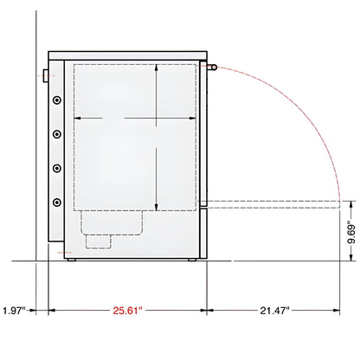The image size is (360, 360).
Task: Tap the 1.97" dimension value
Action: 14,309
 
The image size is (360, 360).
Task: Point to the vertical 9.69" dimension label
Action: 348,232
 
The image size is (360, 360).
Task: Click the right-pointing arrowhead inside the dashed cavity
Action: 194,118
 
